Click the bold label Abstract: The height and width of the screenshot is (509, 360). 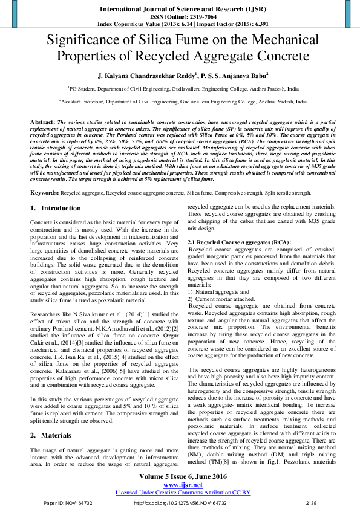(x=43, y=122)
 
